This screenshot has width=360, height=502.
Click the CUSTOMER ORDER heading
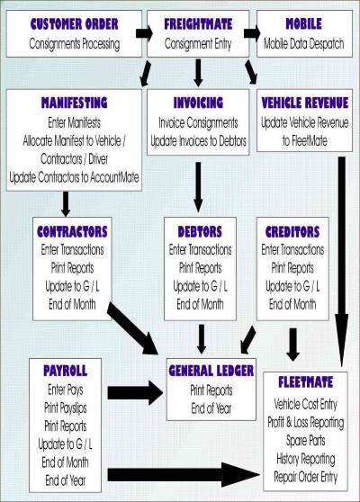point(75,24)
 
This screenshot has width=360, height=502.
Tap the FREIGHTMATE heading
point(198,24)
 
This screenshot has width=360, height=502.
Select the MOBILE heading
point(303,24)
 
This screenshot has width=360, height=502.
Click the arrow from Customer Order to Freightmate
point(144,33)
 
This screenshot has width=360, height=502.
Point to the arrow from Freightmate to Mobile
point(252,33)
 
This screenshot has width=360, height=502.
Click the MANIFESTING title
point(75,103)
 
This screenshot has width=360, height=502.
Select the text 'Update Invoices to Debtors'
point(198,141)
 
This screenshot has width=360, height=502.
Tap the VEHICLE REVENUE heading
point(304,103)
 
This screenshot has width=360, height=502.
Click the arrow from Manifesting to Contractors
point(66,203)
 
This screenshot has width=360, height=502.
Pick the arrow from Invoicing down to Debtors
point(198,187)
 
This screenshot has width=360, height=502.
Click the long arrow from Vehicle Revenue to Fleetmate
point(342,262)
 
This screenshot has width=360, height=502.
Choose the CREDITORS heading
point(292,232)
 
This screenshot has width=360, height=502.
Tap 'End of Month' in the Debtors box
point(200,304)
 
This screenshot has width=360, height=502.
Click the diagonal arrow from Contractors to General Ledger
point(132,327)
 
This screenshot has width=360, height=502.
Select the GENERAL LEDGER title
point(211,371)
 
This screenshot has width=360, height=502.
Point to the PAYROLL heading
point(66,371)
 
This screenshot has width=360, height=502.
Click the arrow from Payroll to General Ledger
point(135,393)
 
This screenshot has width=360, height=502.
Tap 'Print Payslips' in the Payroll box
point(66,408)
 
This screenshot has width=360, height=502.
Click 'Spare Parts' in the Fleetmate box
point(306,441)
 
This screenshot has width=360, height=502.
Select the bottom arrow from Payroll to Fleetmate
point(184,475)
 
